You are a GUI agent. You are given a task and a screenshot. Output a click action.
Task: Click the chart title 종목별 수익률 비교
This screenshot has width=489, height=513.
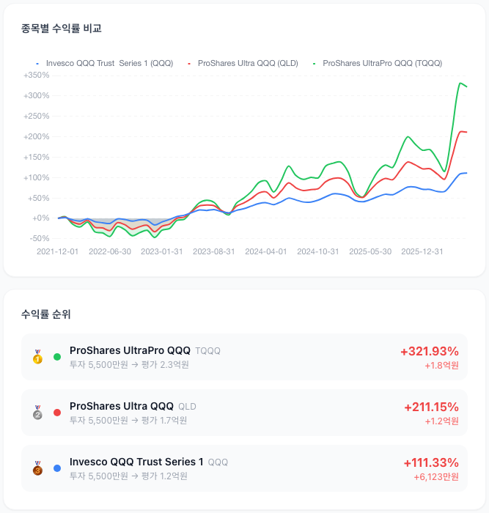pyautogui.click(x=61, y=29)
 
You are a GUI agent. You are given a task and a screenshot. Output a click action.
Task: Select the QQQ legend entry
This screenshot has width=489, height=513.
pyautogui.click(x=104, y=63)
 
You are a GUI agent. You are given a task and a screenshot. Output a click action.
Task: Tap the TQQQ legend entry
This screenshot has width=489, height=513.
pyautogui.click(x=378, y=63)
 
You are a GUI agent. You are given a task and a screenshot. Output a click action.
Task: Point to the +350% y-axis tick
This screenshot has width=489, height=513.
pyautogui.click(x=37, y=75)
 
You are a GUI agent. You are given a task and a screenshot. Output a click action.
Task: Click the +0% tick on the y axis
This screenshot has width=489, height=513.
pyautogui.click(x=40, y=218)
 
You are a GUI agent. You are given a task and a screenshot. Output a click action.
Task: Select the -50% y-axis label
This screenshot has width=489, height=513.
pyautogui.click(x=40, y=238)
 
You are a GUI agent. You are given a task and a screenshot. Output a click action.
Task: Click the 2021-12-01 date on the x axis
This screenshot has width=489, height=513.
pyautogui.click(x=58, y=251)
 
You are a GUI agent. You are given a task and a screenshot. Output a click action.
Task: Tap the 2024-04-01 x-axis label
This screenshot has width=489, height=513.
pyautogui.click(x=266, y=251)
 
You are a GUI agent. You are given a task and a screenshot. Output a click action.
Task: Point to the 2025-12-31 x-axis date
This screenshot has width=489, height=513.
pyautogui.click(x=422, y=251)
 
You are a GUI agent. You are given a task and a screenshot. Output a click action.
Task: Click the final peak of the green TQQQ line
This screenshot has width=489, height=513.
pyautogui.click(x=460, y=83)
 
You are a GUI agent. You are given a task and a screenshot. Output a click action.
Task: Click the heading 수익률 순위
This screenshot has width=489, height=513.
pyautogui.click(x=46, y=314)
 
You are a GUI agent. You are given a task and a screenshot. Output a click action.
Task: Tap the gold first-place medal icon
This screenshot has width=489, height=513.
pyautogui.click(x=37, y=357)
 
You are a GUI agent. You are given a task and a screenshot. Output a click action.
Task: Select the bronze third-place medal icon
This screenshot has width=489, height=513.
pyautogui.click(x=37, y=468)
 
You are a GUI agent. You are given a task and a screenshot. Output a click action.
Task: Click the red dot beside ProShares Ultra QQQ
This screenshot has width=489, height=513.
pyautogui.click(x=57, y=413)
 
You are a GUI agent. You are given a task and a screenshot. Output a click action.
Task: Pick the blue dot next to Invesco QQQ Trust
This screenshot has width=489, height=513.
pyautogui.click(x=57, y=468)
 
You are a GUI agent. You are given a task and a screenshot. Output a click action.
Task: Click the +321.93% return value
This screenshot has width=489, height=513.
pyautogui.click(x=430, y=351)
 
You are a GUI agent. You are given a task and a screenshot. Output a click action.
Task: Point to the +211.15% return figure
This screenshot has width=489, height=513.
pyautogui.click(x=431, y=407)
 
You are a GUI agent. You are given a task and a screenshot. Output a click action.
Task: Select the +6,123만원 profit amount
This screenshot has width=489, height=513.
pyautogui.click(x=436, y=477)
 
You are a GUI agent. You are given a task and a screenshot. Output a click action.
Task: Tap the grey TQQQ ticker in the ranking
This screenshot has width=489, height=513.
pyautogui.click(x=207, y=351)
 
